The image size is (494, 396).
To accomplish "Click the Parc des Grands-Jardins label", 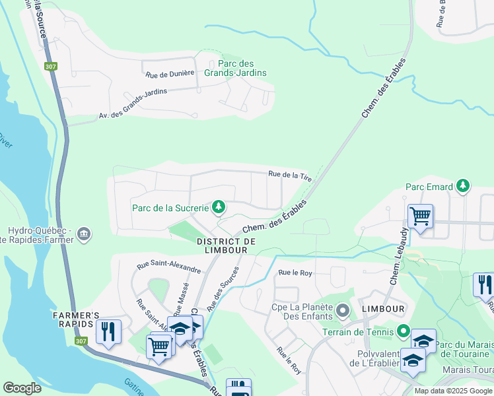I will [238, 68].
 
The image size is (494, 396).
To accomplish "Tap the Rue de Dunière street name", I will [170, 73].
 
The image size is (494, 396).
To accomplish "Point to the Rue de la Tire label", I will [289, 175].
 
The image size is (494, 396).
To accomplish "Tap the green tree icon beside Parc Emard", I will [464, 185].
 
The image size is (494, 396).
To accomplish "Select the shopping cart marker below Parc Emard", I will [420, 216].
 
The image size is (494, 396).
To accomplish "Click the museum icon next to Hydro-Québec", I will [85, 234].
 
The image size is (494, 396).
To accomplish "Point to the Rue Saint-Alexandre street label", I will [168, 267].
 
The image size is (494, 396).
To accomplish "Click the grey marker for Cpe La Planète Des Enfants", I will [341, 310].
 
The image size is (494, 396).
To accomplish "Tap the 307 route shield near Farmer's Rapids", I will [81, 341].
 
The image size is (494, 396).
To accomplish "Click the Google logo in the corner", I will [22, 388].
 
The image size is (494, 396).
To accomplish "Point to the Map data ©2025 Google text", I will [452, 391].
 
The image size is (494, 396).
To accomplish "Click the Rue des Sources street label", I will [222, 292].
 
